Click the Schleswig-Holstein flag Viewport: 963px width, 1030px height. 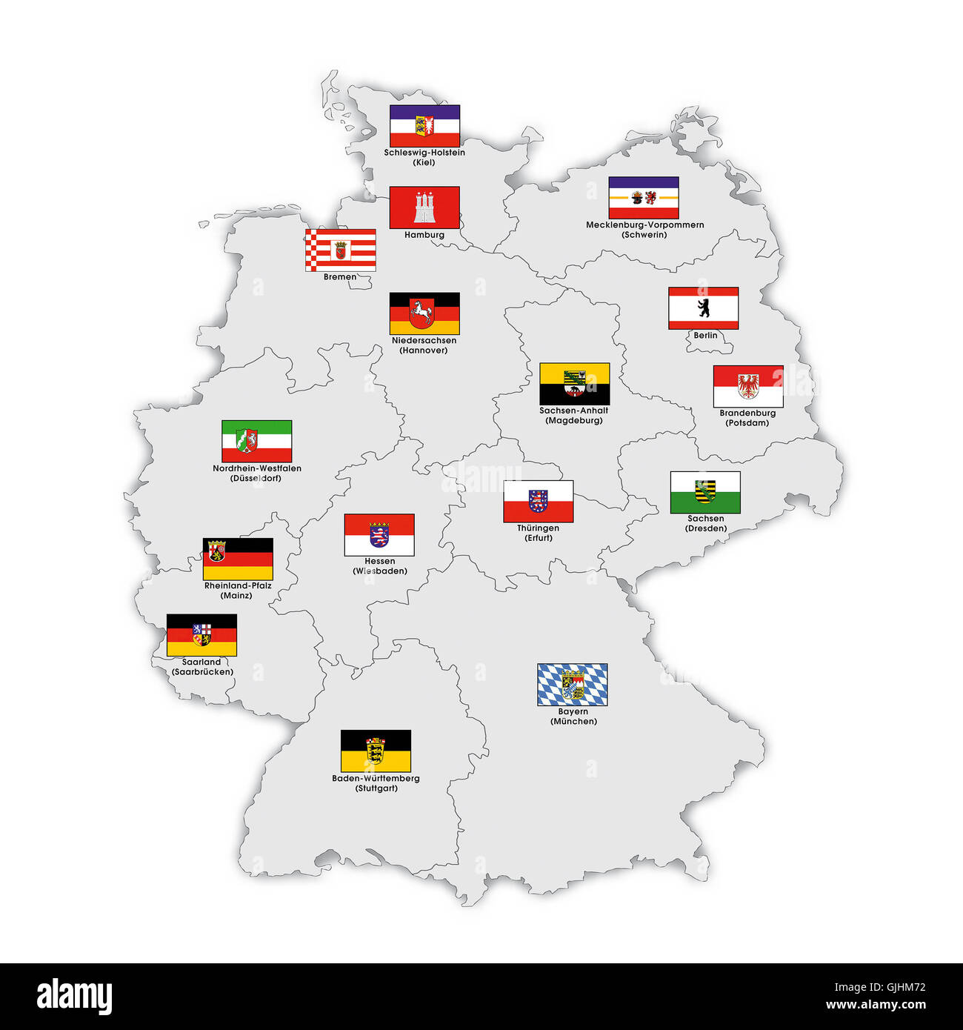point(424,126)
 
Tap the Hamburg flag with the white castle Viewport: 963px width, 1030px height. point(424,207)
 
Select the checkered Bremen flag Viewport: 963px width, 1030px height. point(340,250)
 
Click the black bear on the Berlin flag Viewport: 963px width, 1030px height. point(704,308)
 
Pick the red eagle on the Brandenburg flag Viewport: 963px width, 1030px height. point(748,385)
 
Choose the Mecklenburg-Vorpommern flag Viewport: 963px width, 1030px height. point(644,198)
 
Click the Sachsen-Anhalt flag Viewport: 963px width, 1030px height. point(574,384)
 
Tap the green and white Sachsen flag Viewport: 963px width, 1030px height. point(705,492)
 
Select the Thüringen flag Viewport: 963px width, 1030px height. point(539,502)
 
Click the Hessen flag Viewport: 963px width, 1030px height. point(379,535)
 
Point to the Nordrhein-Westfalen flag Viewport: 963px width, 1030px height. point(256,442)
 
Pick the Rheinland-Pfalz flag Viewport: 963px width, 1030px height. point(238,559)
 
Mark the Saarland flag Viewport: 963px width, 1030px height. point(201,635)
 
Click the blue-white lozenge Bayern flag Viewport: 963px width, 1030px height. point(572,685)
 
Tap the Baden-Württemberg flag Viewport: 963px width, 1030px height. point(376,751)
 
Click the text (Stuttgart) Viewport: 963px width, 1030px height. point(376,788)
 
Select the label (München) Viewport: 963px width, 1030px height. point(573,722)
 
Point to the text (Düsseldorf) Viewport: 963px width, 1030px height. point(256,479)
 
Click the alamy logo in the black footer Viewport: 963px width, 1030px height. point(74,997)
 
